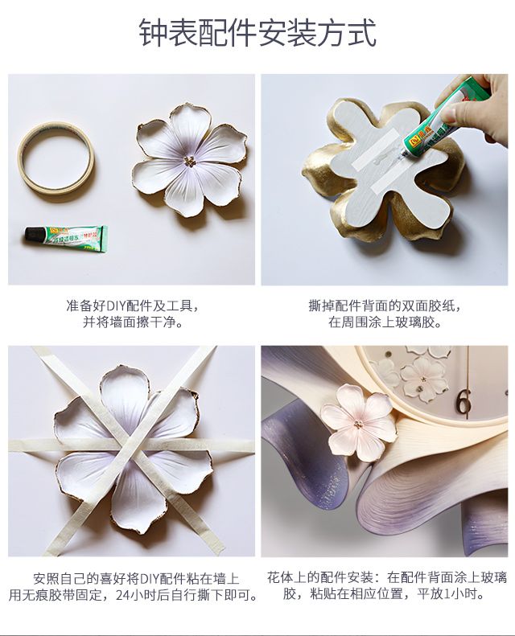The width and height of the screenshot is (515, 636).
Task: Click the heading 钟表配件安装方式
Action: click(x=257, y=35)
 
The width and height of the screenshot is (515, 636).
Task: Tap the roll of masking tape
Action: click(x=57, y=156)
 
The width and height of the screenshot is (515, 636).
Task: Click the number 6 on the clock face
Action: click(x=464, y=400)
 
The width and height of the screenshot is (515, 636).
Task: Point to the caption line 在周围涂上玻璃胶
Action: click(x=385, y=322)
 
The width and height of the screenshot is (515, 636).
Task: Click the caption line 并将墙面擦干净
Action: click(x=132, y=322)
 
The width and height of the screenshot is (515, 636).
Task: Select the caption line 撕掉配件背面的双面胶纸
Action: click(x=385, y=306)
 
